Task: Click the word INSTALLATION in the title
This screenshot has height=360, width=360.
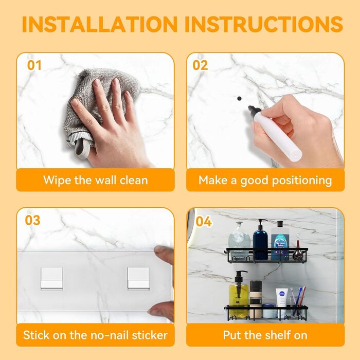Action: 100,24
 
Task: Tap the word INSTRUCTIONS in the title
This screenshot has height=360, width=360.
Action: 264,24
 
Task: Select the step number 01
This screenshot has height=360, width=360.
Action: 34,65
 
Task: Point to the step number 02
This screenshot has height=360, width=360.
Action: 200,65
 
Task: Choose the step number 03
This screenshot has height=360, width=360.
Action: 32,220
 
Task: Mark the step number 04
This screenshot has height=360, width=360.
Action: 204,222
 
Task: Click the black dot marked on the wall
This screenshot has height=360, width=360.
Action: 239,99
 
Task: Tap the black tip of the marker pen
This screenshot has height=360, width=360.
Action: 252,109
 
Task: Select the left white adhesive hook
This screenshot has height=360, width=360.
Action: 51,278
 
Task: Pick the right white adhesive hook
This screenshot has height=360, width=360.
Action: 138,278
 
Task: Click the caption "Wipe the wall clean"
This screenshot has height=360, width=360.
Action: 96,180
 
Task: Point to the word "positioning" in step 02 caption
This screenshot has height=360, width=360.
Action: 302,181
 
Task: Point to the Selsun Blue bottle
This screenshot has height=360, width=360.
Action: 280,241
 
